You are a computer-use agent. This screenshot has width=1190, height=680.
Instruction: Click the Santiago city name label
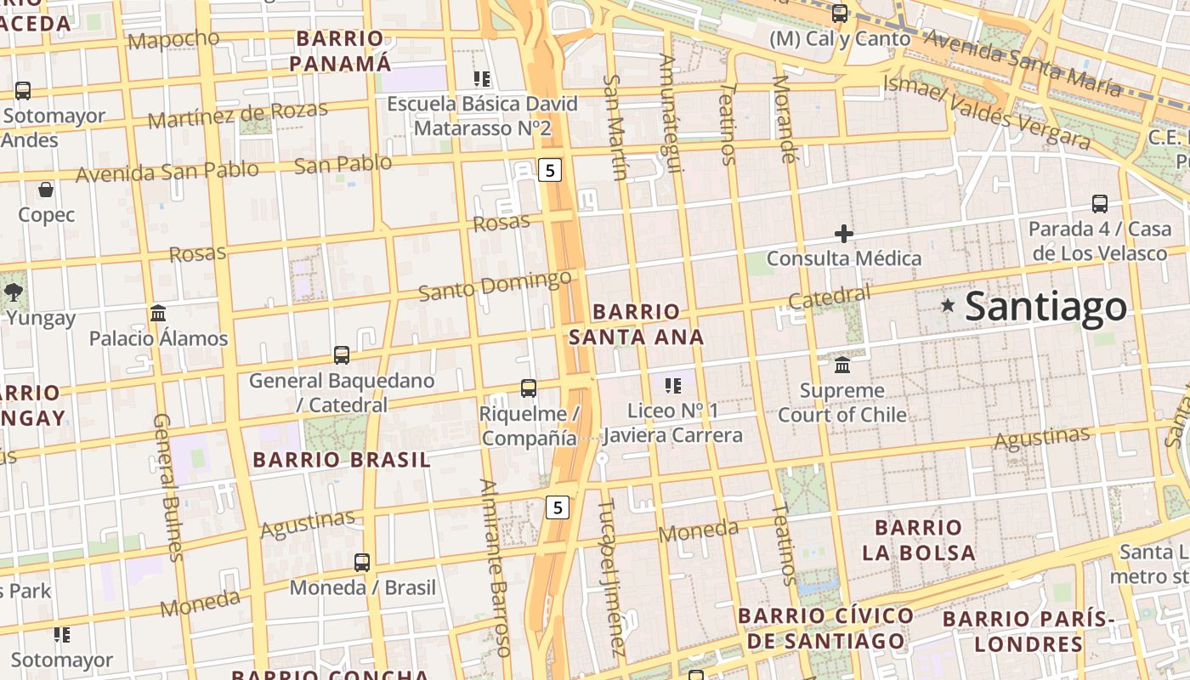point(1045,307)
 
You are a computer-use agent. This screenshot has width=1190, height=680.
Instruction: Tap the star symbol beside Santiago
point(948,304)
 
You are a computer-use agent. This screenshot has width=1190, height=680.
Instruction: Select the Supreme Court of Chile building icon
point(842,365)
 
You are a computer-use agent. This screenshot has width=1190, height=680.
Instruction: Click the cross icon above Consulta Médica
point(843,233)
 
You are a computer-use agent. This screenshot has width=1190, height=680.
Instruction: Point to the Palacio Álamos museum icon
point(158,314)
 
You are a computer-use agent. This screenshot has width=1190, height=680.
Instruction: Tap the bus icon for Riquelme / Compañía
point(529,388)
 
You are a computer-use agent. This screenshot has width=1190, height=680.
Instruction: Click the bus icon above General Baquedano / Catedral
point(342,355)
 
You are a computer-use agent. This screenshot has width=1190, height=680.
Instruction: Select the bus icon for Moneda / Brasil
point(362,562)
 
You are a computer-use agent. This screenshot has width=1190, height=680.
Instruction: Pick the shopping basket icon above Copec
point(46,190)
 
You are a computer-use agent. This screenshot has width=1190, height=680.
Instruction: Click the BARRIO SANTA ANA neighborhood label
point(637,324)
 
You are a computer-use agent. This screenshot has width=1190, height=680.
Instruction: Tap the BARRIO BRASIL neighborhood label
point(342,460)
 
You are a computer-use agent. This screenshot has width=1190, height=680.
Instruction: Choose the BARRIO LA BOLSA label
point(918,540)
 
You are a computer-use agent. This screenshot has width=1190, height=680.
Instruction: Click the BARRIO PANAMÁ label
point(341,51)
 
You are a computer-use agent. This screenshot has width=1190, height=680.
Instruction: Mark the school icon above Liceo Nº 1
point(673,386)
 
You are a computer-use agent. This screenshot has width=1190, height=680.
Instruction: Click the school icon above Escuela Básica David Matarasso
point(482,79)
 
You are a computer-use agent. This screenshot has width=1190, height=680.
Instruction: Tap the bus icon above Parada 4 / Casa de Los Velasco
point(1099,204)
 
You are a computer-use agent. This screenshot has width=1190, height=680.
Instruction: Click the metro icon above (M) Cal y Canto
point(840,14)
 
